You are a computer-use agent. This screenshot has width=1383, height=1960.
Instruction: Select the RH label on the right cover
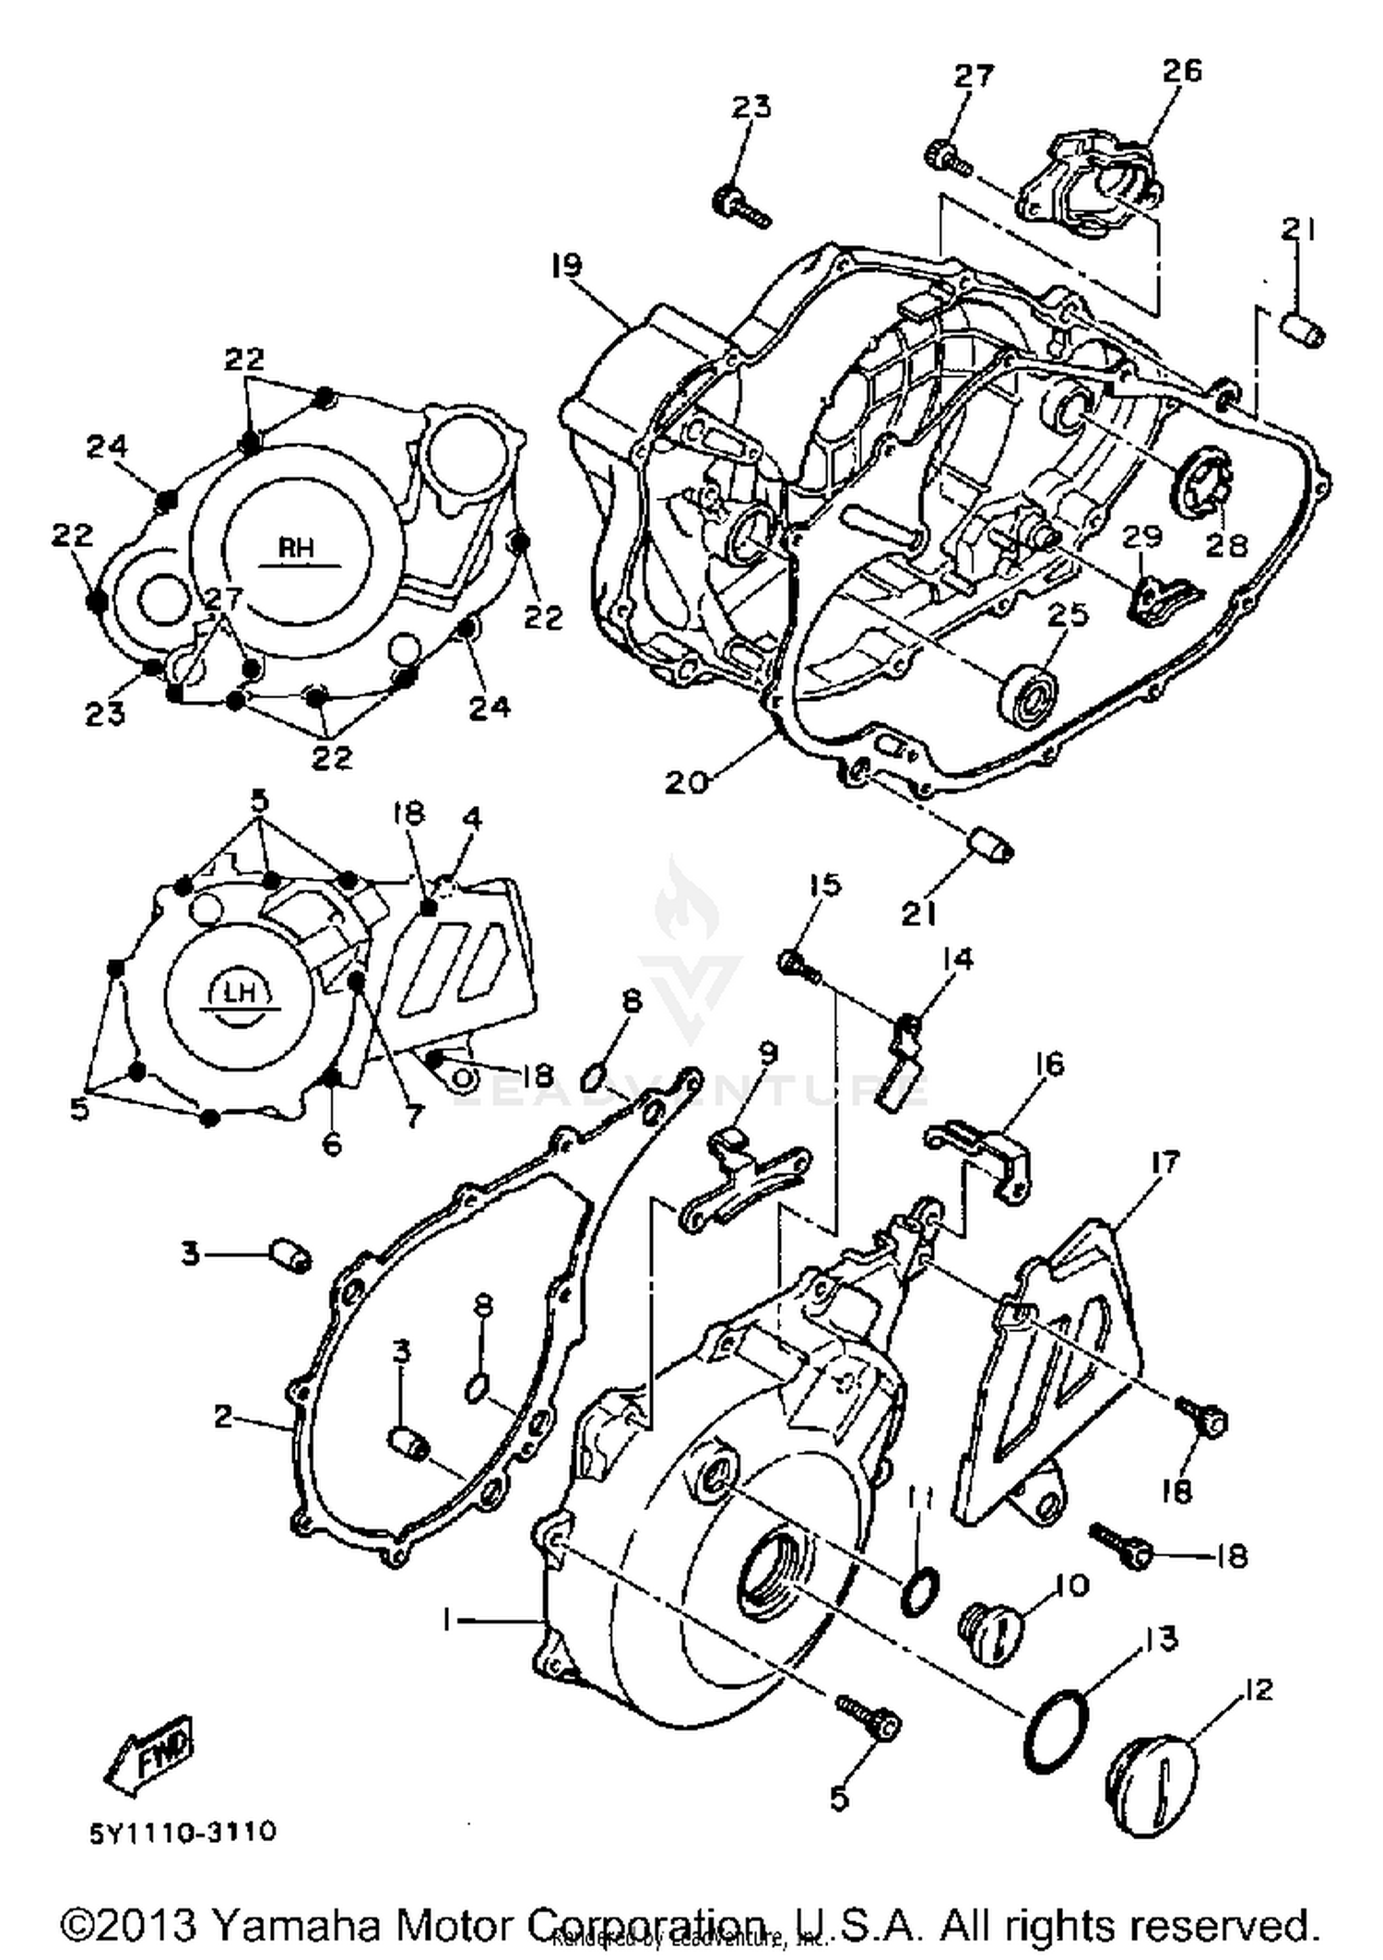pyautogui.click(x=297, y=548)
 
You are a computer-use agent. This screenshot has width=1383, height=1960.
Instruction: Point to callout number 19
pyautogui.click(x=567, y=267)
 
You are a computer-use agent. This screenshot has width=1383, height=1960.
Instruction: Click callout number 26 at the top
pyautogui.click(x=1182, y=70)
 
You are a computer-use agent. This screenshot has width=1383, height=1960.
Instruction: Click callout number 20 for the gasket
pyautogui.click(x=687, y=782)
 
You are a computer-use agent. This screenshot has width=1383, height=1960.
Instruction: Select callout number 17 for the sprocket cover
pyautogui.click(x=1165, y=1163)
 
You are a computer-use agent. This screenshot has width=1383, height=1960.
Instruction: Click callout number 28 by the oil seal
pyautogui.click(x=1226, y=544)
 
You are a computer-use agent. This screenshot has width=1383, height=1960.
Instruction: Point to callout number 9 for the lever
pyautogui.click(x=767, y=1052)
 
